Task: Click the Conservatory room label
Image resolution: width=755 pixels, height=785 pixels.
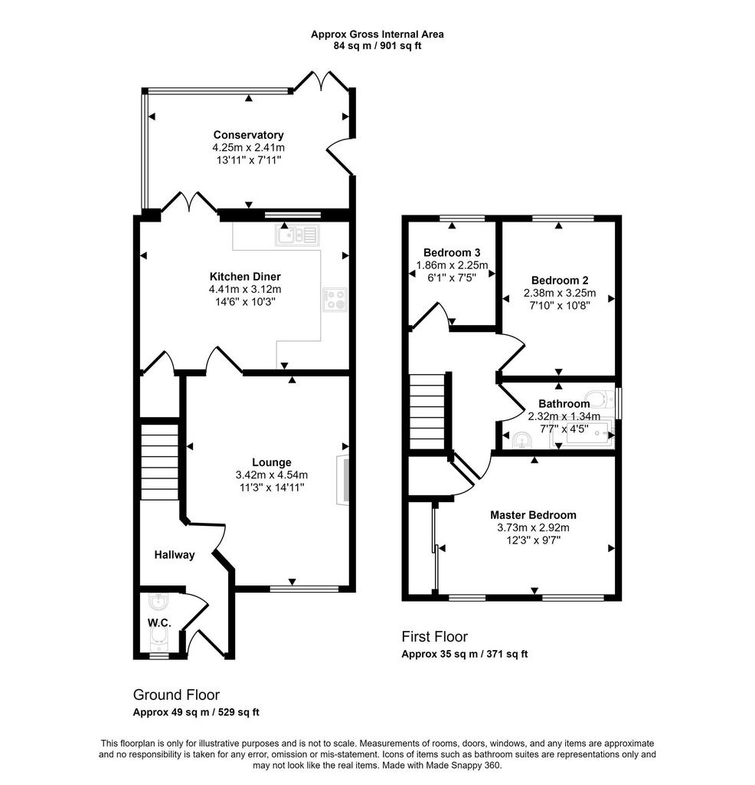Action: [x=249, y=135]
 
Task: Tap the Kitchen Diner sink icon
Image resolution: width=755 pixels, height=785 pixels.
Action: [x=297, y=235]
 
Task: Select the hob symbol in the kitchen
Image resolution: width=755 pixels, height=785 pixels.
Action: [x=335, y=300]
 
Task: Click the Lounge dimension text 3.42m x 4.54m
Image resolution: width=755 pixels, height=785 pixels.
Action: [x=272, y=475]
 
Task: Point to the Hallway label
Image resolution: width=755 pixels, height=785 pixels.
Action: [x=175, y=555]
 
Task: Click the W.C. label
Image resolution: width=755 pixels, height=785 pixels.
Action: [x=159, y=622]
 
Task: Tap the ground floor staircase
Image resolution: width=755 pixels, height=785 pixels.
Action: [x=159, y=462]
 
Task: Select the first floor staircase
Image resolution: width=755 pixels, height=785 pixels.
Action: [x=427, y=412]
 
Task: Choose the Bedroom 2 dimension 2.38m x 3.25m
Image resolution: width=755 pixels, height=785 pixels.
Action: [x=560, y=293]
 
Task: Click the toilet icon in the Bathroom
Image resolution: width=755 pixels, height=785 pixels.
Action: [x=600, y=399]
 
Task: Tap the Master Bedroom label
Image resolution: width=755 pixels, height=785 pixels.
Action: [x=533, y=514]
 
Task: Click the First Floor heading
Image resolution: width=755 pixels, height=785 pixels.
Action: [x=434, y=637]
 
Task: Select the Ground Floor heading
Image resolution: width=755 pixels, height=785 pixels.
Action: [x=176, y=695]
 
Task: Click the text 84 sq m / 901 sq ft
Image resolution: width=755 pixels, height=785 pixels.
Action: [x=377, y=46]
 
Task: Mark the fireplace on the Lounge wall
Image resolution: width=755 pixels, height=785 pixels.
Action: [x=344, y=480]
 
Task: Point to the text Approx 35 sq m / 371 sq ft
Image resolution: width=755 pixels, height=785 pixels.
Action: [x=465, y=654]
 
